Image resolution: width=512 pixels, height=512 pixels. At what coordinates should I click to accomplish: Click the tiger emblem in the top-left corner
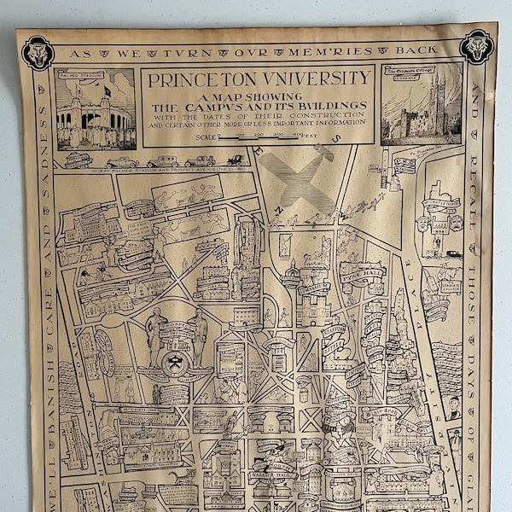point(38,52)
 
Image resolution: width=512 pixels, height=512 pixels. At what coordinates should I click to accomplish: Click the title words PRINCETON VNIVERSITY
point(259,80)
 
